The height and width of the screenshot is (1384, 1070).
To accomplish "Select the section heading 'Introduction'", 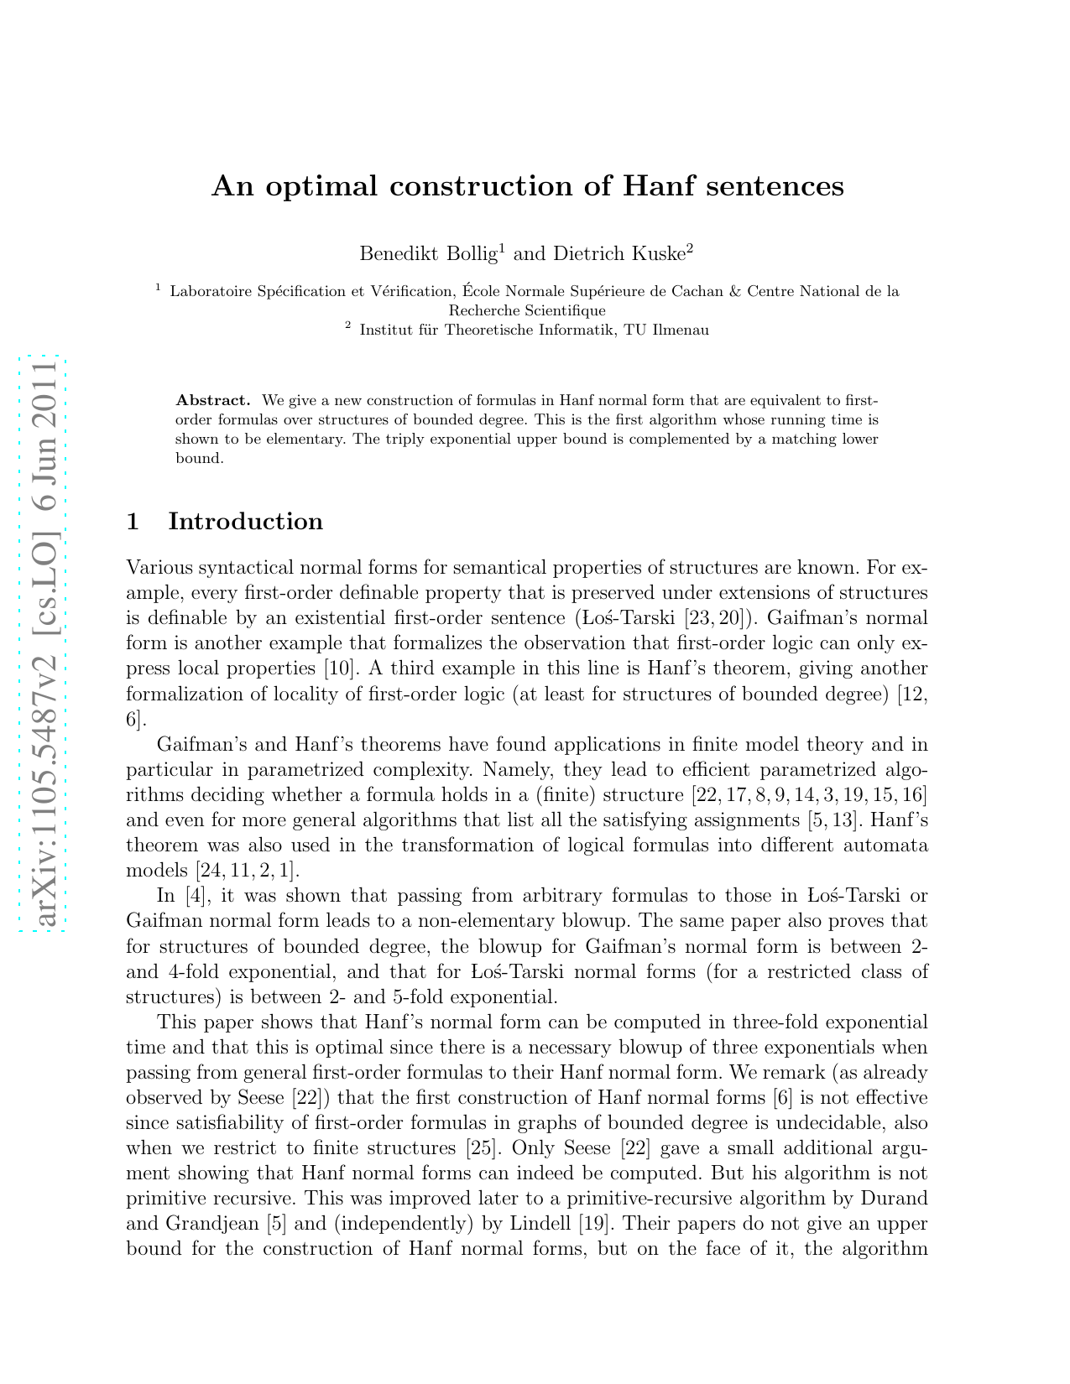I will [x=245, y=522].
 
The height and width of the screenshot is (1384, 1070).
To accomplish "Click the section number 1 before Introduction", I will [x=132, y=522].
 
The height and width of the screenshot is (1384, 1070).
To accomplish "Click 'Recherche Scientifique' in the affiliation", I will [x=526, y=310].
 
